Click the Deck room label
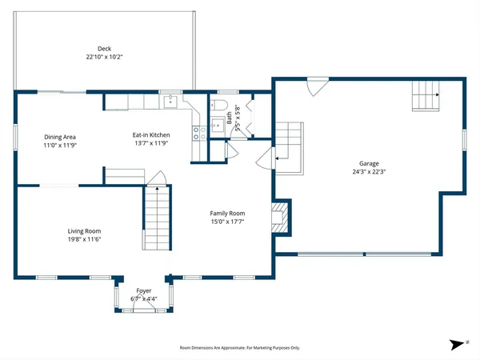tap(104, 49)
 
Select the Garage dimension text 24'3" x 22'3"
tap(369, 171)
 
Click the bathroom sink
tap(217, 124)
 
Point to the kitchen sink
tap(170, 101)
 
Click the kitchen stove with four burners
tap(196, 133)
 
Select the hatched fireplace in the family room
tap(280, 218)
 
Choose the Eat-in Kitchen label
tap(150, 135)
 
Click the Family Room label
tap(227, 213)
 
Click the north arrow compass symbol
tap(457, 344)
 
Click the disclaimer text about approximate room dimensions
tap(240, 348)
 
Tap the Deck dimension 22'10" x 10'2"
tap(104, 58)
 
